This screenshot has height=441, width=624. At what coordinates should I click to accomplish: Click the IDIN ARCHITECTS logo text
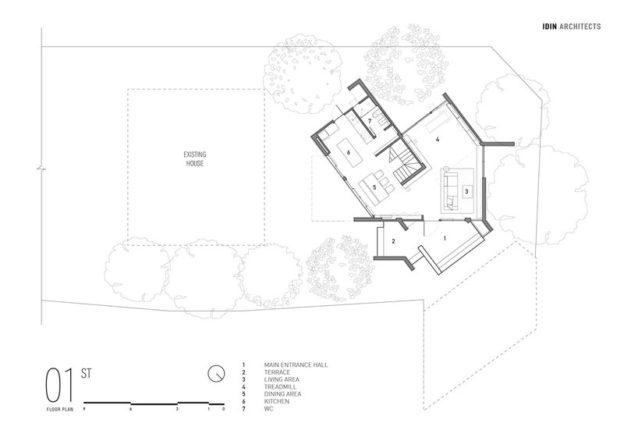point(572,27)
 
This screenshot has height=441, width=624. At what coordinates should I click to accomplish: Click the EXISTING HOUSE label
point(195,158)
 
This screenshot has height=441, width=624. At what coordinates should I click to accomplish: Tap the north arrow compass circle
point(216,373)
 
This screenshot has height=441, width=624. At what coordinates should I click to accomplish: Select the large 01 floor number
point(60,386)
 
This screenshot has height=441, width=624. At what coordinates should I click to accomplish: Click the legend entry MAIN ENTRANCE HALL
point(296,365)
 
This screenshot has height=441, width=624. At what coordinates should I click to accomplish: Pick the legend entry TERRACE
point(278,372)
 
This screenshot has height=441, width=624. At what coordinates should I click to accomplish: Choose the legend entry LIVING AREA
point(282,379)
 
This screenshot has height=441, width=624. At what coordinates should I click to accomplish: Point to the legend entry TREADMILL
point(280,387)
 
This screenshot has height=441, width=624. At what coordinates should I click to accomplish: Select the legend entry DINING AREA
point(282,394)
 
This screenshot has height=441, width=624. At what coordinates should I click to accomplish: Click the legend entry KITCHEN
point(277,401)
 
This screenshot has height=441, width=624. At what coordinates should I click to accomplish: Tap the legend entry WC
point(268,409)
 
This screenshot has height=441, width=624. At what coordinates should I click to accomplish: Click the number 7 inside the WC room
point(370,121)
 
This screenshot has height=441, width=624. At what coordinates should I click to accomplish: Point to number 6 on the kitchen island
point(348,152)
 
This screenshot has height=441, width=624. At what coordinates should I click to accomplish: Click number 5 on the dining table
point(374,187)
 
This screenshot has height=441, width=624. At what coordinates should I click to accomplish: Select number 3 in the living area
point(466,191)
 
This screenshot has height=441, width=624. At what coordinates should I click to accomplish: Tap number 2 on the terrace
point(394,241)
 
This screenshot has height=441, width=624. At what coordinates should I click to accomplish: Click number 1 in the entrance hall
point(445,238)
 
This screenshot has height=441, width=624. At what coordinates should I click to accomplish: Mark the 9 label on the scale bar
point(84,409)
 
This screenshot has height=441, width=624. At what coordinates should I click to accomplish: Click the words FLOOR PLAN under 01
point(60,409)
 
